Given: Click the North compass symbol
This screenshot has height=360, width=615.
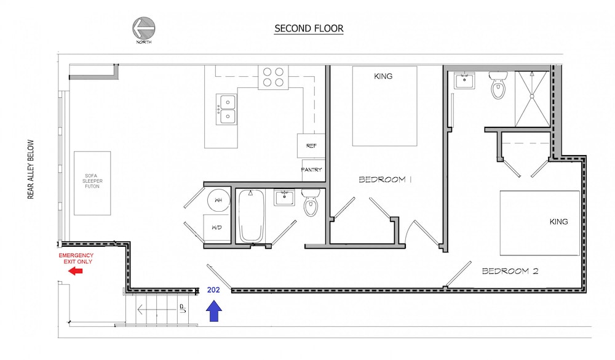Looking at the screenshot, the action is [x=143, y=28].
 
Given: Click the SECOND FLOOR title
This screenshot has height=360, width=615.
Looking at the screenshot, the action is [x=309, y=28].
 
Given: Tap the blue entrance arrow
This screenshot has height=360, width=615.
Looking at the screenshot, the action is [x=214, y=311].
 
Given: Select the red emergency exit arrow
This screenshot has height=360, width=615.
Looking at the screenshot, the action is [x=75, y=271].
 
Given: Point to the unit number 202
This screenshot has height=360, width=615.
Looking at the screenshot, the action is [x=213, y=290].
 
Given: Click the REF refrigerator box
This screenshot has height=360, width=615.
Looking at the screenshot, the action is [x=311, y=146].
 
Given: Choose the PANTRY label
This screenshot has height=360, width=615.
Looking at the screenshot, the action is [x=311, y=170].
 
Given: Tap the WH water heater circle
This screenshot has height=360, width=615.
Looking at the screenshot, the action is [x=218, y=200].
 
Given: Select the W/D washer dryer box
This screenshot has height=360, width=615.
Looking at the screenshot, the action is [x=216, y=228].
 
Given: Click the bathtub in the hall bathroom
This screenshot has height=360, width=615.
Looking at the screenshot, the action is [x=251, y=217].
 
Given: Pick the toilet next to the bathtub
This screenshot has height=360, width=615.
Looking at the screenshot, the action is [x=311, y=202].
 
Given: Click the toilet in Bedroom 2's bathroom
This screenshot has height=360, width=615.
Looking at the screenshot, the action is [x=498, y=85].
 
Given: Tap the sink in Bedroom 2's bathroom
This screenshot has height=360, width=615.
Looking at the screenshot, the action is [x=464, y=81].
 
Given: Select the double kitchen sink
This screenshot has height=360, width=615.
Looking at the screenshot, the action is [x=227, y=110].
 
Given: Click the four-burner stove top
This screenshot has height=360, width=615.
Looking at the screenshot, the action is [x=273, y=78].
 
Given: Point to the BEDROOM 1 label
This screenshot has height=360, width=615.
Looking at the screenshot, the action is [x=385, y=180].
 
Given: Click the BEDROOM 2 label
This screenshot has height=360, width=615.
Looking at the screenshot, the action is [x=510, y=271].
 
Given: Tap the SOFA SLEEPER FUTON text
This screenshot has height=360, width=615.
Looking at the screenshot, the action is [x=93, y=181].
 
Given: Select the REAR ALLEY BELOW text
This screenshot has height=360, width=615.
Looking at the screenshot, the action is [x=31, y=170].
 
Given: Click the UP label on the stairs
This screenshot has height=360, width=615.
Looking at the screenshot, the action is [x=182, y=308].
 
